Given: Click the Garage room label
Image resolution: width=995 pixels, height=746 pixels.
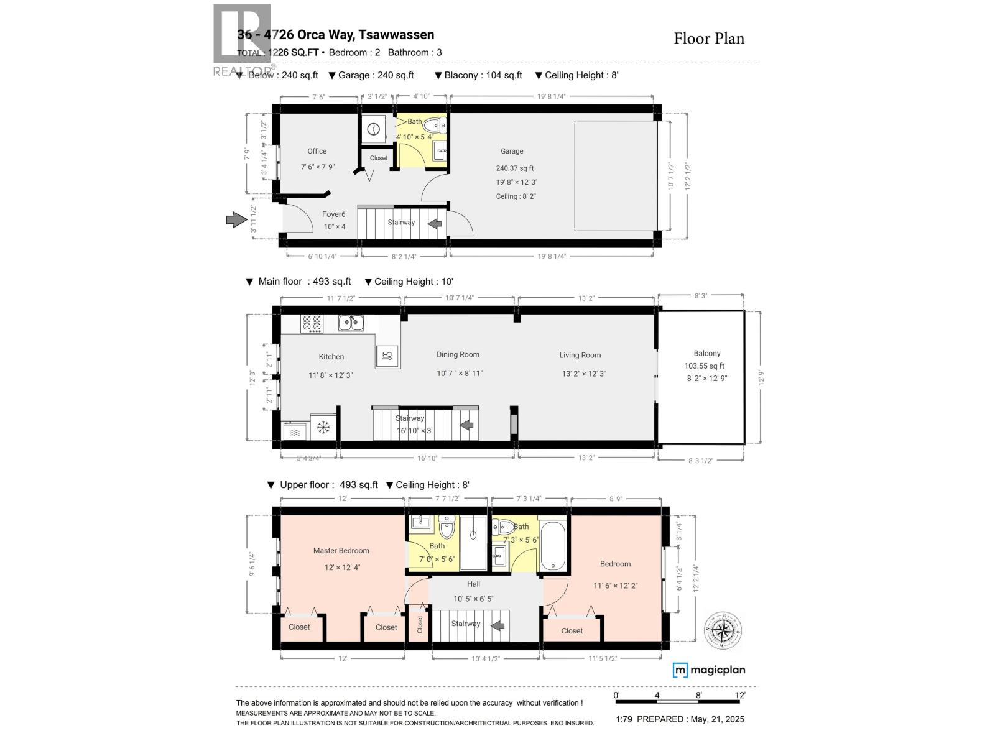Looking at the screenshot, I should coord(512,151).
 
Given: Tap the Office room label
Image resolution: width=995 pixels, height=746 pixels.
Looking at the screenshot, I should coord(317,151).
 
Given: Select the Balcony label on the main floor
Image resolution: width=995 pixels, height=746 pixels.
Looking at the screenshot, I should coord(706,353).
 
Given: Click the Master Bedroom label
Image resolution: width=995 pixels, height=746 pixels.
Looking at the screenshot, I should coord(341,550).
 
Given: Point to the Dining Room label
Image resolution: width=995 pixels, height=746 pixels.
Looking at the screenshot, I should coord(458,354).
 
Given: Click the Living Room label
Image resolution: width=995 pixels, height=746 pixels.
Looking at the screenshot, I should coord(580,355).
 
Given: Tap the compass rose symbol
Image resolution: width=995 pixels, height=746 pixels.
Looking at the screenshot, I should coord(723,631).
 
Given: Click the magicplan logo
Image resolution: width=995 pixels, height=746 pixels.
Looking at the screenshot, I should coord(709,670).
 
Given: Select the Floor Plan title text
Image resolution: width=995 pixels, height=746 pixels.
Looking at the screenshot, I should coord(709,39).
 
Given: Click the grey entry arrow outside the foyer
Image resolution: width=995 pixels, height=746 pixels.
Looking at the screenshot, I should coord(236,219).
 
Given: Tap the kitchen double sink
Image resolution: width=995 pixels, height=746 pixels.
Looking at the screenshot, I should coord(351,323).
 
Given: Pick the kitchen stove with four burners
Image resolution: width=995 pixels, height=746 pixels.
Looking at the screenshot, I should coord(312,323).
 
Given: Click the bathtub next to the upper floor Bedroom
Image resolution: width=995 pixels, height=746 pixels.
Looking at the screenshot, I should coord(552,546).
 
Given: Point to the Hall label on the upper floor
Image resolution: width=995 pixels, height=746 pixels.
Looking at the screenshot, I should coord(473,584).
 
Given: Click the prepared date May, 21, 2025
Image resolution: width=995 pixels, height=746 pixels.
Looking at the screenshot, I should coord(716,719).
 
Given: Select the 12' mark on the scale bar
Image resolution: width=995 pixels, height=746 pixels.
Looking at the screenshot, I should coord(739,695).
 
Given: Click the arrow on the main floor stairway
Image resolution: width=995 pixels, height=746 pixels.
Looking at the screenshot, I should coord(467,425).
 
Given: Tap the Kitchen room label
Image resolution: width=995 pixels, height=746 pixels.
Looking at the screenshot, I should coord(331,356).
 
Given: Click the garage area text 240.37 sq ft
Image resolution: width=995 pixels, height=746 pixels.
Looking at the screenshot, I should coord(514,168).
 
